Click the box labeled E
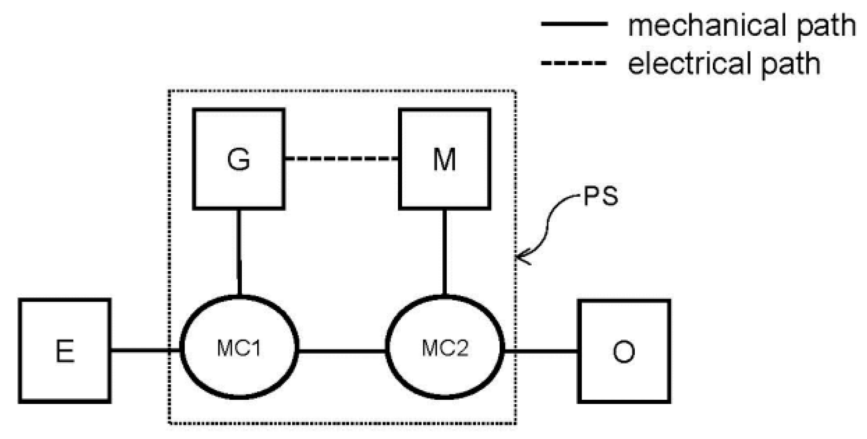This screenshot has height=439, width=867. tap(65, 351)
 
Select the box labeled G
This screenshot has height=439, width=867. tap(238, 159)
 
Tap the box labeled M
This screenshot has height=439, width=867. tap(445, 159)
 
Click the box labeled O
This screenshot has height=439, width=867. tap(624, 351)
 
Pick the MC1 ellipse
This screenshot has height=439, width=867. tap(239, 348)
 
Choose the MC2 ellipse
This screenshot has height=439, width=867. tap(445, 348)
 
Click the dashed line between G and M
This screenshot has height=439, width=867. tap(341, 159)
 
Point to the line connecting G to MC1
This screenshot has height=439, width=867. tap(239, 251)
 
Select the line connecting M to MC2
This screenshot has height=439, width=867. tap(444, 251)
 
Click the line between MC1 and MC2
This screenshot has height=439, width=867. tap(342, 351)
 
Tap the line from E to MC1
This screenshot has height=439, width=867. tap(145, 351)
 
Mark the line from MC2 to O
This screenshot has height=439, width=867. tap(541, 351)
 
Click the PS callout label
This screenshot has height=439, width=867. tap(600, 196)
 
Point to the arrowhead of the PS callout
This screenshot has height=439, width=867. tap(520, 256)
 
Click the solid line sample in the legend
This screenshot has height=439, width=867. tap(574, 24)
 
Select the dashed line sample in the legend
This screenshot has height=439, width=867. tap(574, 63)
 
